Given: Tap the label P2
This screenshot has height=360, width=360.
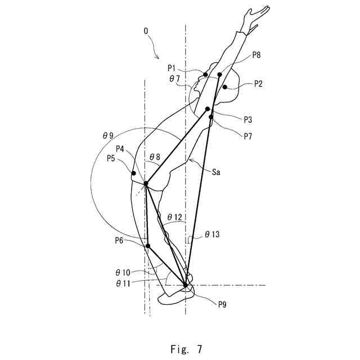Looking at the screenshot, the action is pos(258,83).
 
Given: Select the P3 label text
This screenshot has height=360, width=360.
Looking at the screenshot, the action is pos(248,119).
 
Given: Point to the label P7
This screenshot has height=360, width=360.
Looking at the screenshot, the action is pos(248,135).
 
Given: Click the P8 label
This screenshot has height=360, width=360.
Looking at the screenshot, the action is pos(256,55).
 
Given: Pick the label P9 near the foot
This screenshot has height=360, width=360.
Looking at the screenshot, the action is pos(223,304).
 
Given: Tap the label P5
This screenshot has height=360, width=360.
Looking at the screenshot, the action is pos(112,158).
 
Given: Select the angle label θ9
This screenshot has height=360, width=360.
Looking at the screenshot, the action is pos(107,136).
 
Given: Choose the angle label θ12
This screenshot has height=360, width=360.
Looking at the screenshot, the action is pos(174,217).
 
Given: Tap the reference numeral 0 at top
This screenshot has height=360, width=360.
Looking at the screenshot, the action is pos(146,32).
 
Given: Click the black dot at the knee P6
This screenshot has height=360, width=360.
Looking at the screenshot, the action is pos(148,246).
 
